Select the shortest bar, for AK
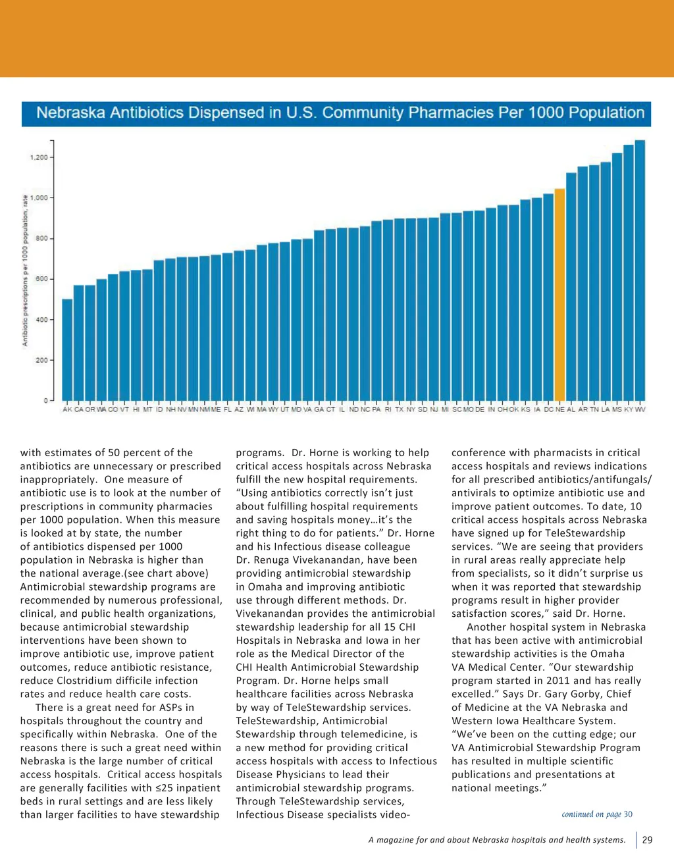(x=67, y=350)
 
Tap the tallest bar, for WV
(x=640, y=270)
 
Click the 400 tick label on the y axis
(x=41, y=320)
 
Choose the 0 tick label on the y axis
(x=46, y=400)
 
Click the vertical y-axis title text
(x=25, y=270)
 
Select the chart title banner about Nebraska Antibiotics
(x=336, y=113)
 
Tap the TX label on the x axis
(x=400, y=409)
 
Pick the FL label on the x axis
(x=228, y=409)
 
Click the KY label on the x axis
(x=629, y=409)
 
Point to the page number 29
(x=647, y=840)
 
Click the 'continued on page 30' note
(x=596, y=814)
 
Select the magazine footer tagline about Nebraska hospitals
(x=497, y=840)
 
